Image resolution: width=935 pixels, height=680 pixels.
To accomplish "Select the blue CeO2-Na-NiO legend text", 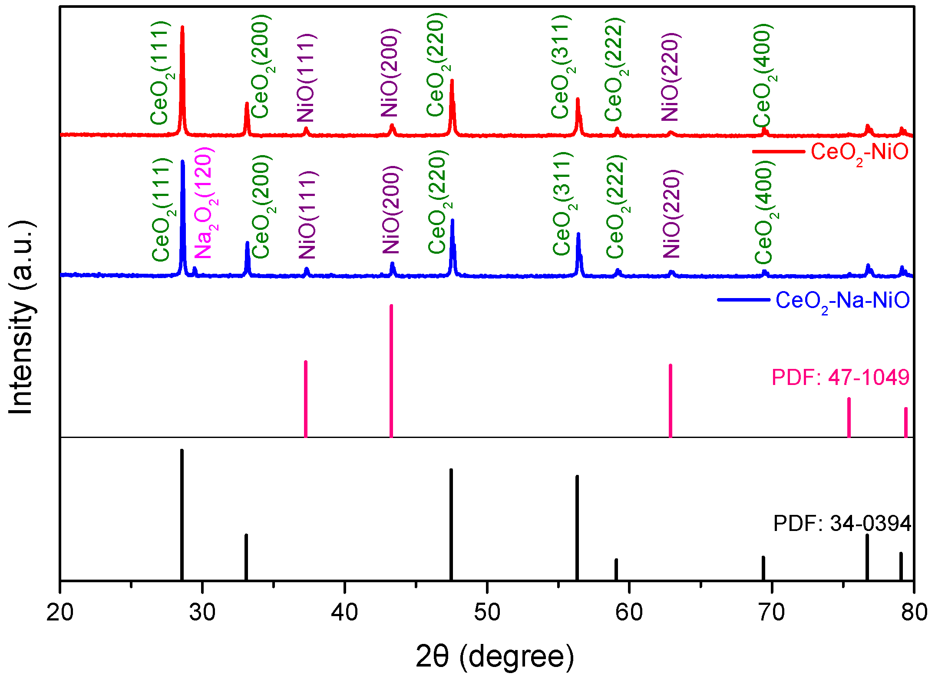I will coord(842,301).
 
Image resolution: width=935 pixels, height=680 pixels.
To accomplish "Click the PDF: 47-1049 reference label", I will coord(840,377).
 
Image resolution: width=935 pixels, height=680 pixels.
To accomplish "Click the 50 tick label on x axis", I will coord(487,612).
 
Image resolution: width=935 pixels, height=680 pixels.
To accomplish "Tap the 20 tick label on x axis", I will coord(60,612).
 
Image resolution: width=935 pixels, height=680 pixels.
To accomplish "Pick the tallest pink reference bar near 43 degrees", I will coord(391,369).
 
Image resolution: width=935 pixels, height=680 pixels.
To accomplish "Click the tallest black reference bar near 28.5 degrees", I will coord(182,513).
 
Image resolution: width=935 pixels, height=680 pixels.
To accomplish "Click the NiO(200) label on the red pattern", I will coord(390,73).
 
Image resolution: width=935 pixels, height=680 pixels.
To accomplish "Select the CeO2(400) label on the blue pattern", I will coord(764,212).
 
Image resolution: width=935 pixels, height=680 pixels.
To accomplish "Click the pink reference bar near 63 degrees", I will coord(670,400).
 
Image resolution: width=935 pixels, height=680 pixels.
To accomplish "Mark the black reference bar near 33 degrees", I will coord(246,556).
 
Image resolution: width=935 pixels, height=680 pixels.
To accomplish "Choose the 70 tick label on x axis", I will coord(772,612).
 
